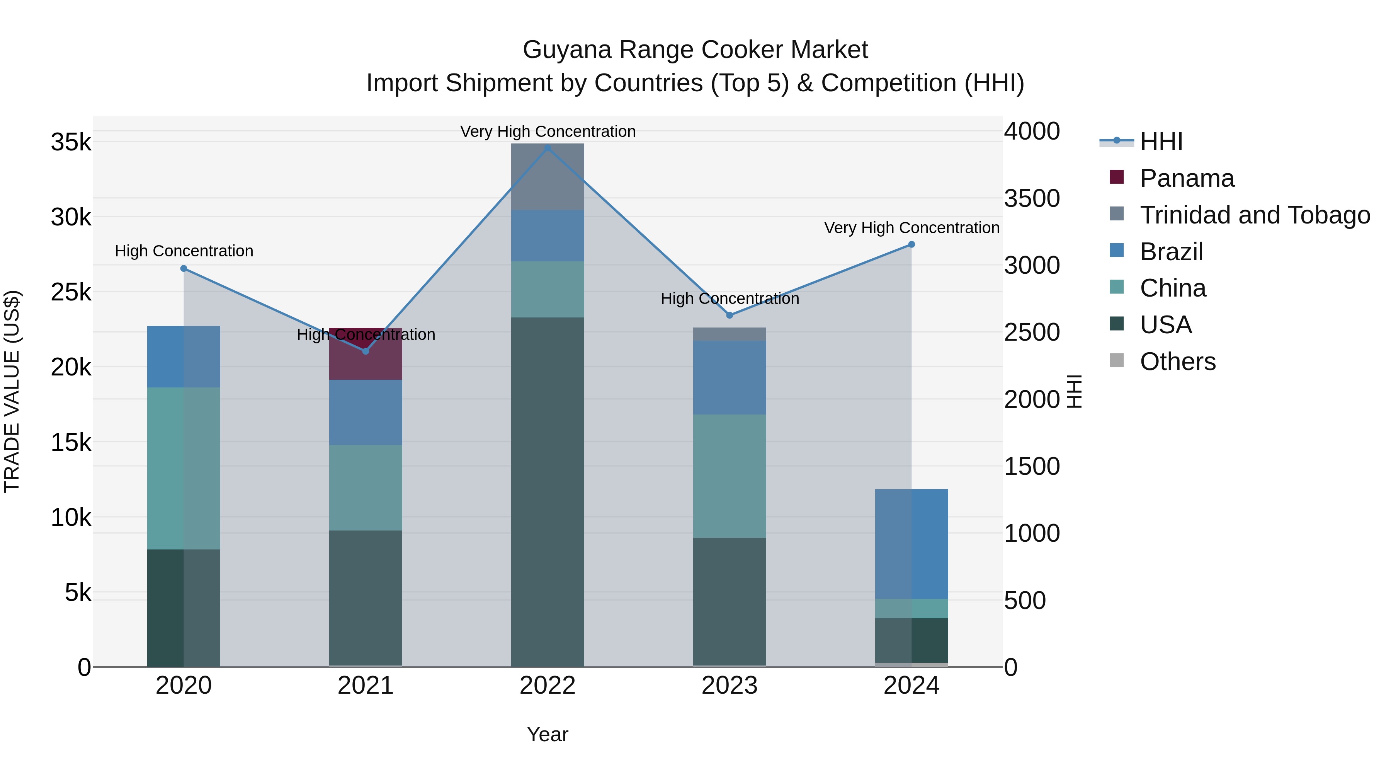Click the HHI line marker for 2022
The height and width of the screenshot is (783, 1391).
click(548, 148)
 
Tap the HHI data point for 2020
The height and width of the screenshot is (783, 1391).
click(184, 269)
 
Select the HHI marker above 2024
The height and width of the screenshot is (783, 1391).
click(911, 244)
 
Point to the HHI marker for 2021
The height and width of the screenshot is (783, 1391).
click(366, 351)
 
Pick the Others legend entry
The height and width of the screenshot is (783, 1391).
click(1178, 362)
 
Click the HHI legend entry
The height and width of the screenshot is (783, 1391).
click(1161, 142)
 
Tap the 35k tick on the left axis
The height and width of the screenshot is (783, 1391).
click(71, 143)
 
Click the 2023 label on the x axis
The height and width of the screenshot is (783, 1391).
click(730, 686)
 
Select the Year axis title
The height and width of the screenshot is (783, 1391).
click(548, 734)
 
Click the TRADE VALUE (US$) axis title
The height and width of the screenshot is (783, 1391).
click(12, 391)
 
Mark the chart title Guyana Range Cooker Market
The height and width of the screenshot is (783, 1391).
click(695, 50)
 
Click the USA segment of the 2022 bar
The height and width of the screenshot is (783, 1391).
click(548, 492)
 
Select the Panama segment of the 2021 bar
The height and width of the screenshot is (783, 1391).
click(366, 354)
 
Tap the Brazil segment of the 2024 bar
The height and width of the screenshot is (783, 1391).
click(911, 544)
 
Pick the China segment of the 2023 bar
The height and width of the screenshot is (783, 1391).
click(730, 476)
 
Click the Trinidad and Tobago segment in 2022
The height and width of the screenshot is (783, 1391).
click(548, 177)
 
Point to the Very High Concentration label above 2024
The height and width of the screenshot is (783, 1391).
click(911, 228)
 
